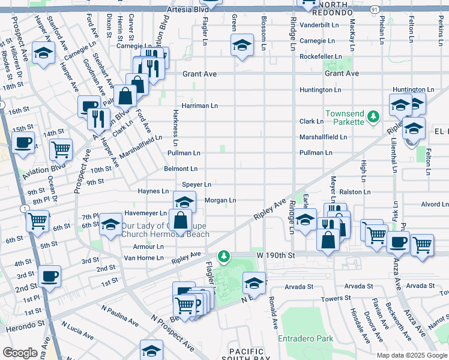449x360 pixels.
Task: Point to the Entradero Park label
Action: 306,338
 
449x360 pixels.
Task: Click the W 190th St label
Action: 278,255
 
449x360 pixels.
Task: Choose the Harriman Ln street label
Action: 199,106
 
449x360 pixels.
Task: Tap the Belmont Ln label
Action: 181,169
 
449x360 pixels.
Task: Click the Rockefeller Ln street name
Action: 321,56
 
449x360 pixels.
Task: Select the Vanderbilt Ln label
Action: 321,25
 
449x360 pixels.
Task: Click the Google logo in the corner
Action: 20,353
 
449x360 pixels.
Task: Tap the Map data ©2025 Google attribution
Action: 411,355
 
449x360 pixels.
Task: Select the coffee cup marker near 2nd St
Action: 49,277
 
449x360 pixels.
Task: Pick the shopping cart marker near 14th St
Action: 61,149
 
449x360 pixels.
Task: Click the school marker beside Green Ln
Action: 241,45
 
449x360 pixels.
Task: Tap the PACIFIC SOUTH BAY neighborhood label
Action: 247,355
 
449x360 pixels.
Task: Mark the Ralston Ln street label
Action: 355,192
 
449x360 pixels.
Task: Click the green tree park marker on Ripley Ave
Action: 224,257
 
